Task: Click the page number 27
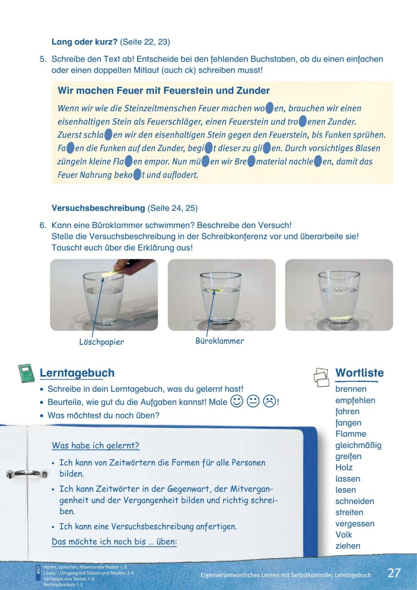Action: [x=394, y=573]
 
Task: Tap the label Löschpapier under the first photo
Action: [x=102, y=342]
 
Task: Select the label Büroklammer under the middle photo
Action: [x=219, y=341]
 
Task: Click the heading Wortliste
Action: [x=359, y=373]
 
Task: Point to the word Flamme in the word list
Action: [x=351, y=434]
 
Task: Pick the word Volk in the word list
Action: [x=344, y=535]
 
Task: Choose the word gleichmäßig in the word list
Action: [x=359, y=445]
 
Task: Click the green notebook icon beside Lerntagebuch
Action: [x=27, y=374]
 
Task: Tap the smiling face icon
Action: [x=236, y=402]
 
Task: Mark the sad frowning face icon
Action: [x=269, y=402]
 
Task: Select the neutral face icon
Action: [x=253, y=402]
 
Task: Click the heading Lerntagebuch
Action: [x=77, y=373]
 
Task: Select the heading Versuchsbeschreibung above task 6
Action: [x=98, y=208]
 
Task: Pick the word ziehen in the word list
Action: [x=348, y=546]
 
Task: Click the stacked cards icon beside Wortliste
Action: [x=322, y=377]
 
